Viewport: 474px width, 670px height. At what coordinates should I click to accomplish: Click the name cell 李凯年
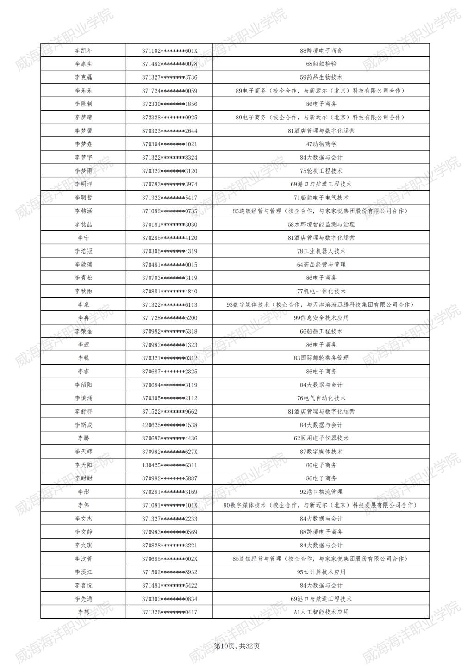click(x=83, y=50)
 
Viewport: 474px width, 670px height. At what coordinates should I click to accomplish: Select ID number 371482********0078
click(x=169, y=64)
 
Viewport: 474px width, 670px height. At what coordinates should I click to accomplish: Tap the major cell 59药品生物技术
click(x=321, y=77)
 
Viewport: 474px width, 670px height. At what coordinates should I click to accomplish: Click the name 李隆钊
click(x=83, y=104)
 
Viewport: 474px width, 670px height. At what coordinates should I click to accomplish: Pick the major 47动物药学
click(x=321, y=144)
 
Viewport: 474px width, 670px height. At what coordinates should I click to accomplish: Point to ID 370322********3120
click(x=169, y=171)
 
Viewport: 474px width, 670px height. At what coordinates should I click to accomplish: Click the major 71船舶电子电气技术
click(x=321, y=198)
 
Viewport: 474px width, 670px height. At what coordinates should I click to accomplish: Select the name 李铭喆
click(x=83, y=224)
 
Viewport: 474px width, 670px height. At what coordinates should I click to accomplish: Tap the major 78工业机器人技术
click(x=321, y=251)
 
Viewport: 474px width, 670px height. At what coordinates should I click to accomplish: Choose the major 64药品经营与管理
click(x=321, y=265)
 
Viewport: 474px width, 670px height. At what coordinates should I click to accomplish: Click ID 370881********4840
click(x=169, y=292)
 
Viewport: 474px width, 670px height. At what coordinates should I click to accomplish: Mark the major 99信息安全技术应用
click(x=321, y=318)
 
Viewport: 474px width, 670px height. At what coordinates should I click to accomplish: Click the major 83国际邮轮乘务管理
click(x=321, y=358)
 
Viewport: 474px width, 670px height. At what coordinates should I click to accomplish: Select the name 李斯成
click(x=83, y=425)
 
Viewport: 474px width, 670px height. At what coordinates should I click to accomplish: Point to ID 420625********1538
click(x=169, y=425)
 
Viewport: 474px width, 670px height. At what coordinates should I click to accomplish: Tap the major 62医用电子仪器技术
click(x=321, y=438)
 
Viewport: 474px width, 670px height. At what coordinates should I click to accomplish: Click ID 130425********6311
click(x=169, y=465)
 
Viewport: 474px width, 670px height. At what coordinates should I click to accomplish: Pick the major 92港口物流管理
click(x=321, y=492)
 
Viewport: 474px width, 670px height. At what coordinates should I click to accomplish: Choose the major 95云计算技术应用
click(x=321, y=572)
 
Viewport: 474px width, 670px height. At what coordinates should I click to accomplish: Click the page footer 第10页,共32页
click(x=237, y=646)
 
